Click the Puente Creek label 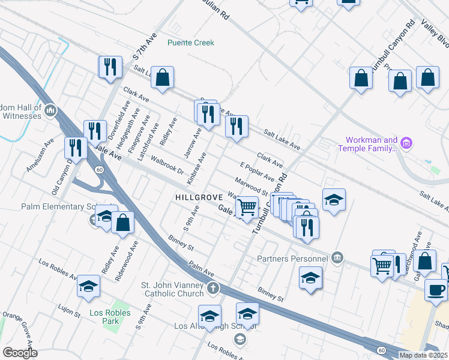pos(190,43)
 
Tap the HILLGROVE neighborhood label pos(199,197)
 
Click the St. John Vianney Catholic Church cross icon pos(212,290)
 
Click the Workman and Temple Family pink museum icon pos(407,143)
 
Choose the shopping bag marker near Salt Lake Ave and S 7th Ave pos(162,77)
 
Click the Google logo pos(20,352)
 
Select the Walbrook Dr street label pos(167,166)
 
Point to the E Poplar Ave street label pos(257,171)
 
